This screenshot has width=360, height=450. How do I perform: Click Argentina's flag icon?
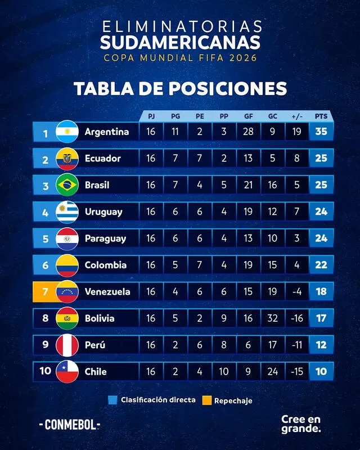point(67,132)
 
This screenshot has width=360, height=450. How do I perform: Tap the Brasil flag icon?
point(67,185)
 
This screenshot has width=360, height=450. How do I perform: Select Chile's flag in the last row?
point(67,372)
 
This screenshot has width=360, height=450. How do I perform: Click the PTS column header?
point(321,116)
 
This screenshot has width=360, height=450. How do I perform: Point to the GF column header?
point(248,116)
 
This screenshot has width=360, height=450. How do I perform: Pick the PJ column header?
point(151,116)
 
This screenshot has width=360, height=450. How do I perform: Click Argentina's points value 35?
point(321,132)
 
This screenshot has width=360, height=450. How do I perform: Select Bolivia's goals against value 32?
point(272,318)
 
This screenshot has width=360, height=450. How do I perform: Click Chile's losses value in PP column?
point(224,372)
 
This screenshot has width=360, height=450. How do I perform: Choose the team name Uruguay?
point(103,212)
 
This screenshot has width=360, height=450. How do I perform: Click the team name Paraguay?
point(106,238)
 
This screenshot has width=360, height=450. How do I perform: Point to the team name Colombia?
point(105,265)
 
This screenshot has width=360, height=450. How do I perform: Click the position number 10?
point(45,372)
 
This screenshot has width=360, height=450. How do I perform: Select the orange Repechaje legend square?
point(206,400)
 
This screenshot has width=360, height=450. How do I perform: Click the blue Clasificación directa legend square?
point(112,400)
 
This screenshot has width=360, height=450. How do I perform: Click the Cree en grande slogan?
point(301,424)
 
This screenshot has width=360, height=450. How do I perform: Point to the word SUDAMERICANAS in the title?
point(180,42)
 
